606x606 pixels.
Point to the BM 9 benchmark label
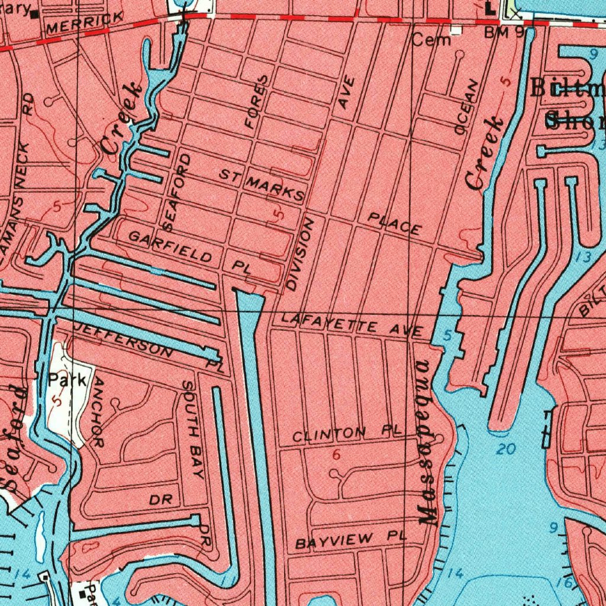pos(504,33)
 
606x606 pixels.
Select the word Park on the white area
pos(67,379)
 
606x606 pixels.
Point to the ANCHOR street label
pos(98,412)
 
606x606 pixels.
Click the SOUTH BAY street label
pos(194,430)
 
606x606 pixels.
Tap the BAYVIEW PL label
pos(351,540)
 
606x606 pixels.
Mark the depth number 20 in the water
pos(506,449)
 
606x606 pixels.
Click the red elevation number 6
pos(337,454)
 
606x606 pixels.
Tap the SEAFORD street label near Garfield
pos(178,192)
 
